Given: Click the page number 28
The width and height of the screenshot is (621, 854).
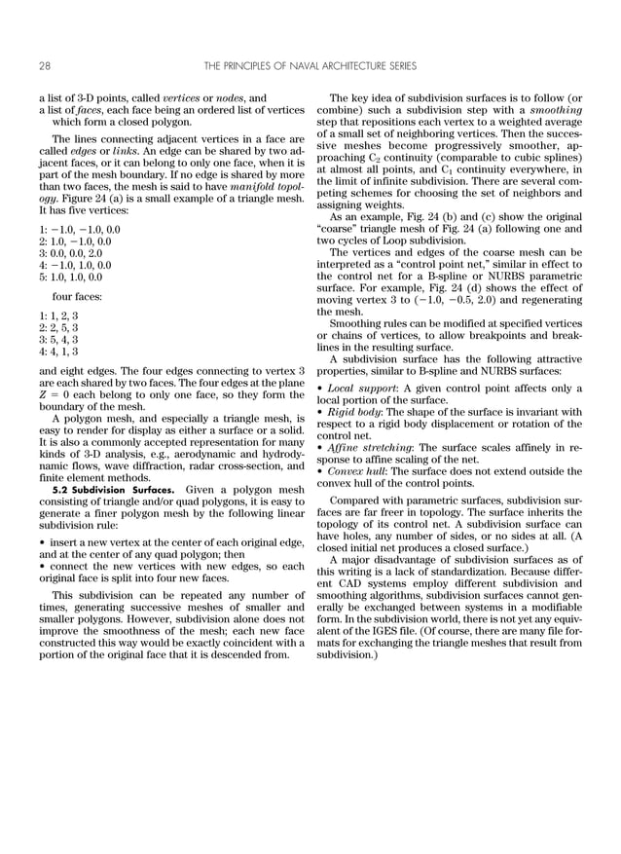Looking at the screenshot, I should click(x=45, y=66).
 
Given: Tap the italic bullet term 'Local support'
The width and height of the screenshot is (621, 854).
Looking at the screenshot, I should click(x=359, y=388).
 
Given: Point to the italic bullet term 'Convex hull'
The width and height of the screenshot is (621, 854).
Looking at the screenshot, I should click(x=354, y=471).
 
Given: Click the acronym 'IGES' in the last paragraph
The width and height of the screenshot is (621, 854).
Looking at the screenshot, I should click(x=400, y=632).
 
